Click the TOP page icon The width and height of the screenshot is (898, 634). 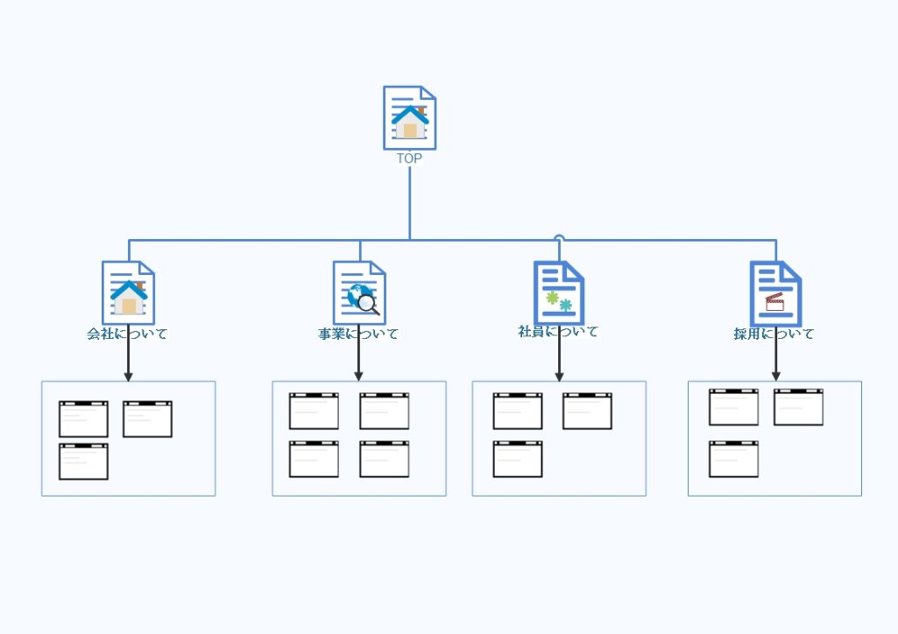point(409,117)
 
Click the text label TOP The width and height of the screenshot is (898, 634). point(409,158)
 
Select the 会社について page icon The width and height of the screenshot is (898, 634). point(128,292)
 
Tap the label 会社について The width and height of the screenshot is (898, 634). point(127,334)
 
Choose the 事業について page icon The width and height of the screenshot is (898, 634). point(359,292)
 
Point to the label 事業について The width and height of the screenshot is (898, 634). point(358,334)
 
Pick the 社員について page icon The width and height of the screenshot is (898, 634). point(559,292)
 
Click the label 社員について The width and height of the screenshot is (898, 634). point(558,332)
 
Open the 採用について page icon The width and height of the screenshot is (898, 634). point(775,292)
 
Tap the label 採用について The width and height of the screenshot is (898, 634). point(774,334)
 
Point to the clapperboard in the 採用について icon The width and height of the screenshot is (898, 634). point(774,302)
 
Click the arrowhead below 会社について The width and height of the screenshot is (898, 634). point(128,377)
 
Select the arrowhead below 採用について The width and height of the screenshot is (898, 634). point(775,376)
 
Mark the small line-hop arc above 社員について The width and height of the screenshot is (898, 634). point(559,236)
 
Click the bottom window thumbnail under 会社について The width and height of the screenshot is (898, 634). point(83,461)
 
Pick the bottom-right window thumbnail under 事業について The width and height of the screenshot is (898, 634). point(384,459)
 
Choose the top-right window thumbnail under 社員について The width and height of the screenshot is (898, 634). point(587,411)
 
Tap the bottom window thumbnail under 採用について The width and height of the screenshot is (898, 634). point(733,459)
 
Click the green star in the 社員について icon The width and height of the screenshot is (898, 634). point(552,298)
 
